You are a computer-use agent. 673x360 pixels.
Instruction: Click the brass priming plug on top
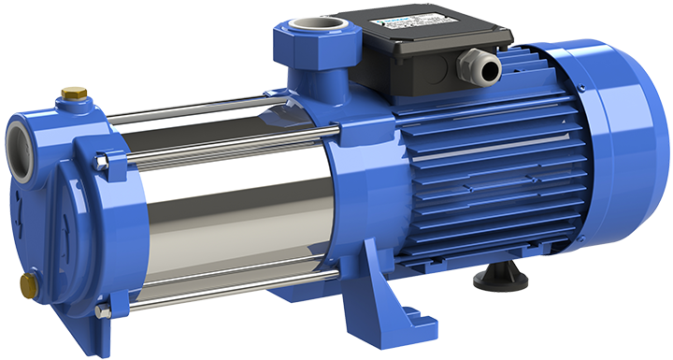tap(70, 94)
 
